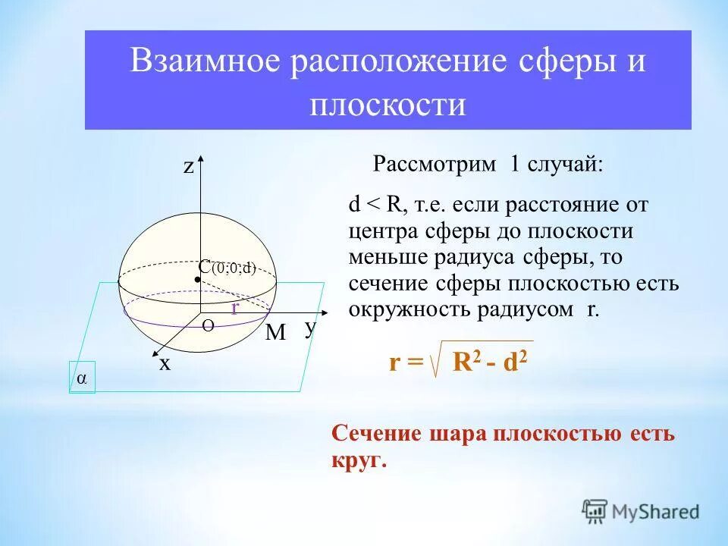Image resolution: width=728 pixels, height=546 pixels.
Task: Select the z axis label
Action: pos(189,168)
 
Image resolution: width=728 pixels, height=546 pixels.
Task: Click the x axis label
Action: pos(165,364)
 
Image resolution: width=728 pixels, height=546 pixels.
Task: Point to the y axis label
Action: pos(309,328)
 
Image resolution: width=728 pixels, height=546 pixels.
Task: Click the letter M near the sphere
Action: pos(275,334)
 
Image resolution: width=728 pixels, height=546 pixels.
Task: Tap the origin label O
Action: pos(208,325)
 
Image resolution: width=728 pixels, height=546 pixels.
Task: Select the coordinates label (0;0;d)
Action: pos(234,268)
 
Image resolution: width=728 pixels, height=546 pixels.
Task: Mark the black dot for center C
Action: pos(196,280)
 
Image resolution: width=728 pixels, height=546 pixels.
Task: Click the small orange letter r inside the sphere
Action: pos(235,307)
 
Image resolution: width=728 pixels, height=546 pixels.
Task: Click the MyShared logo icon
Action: pos(595,510)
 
